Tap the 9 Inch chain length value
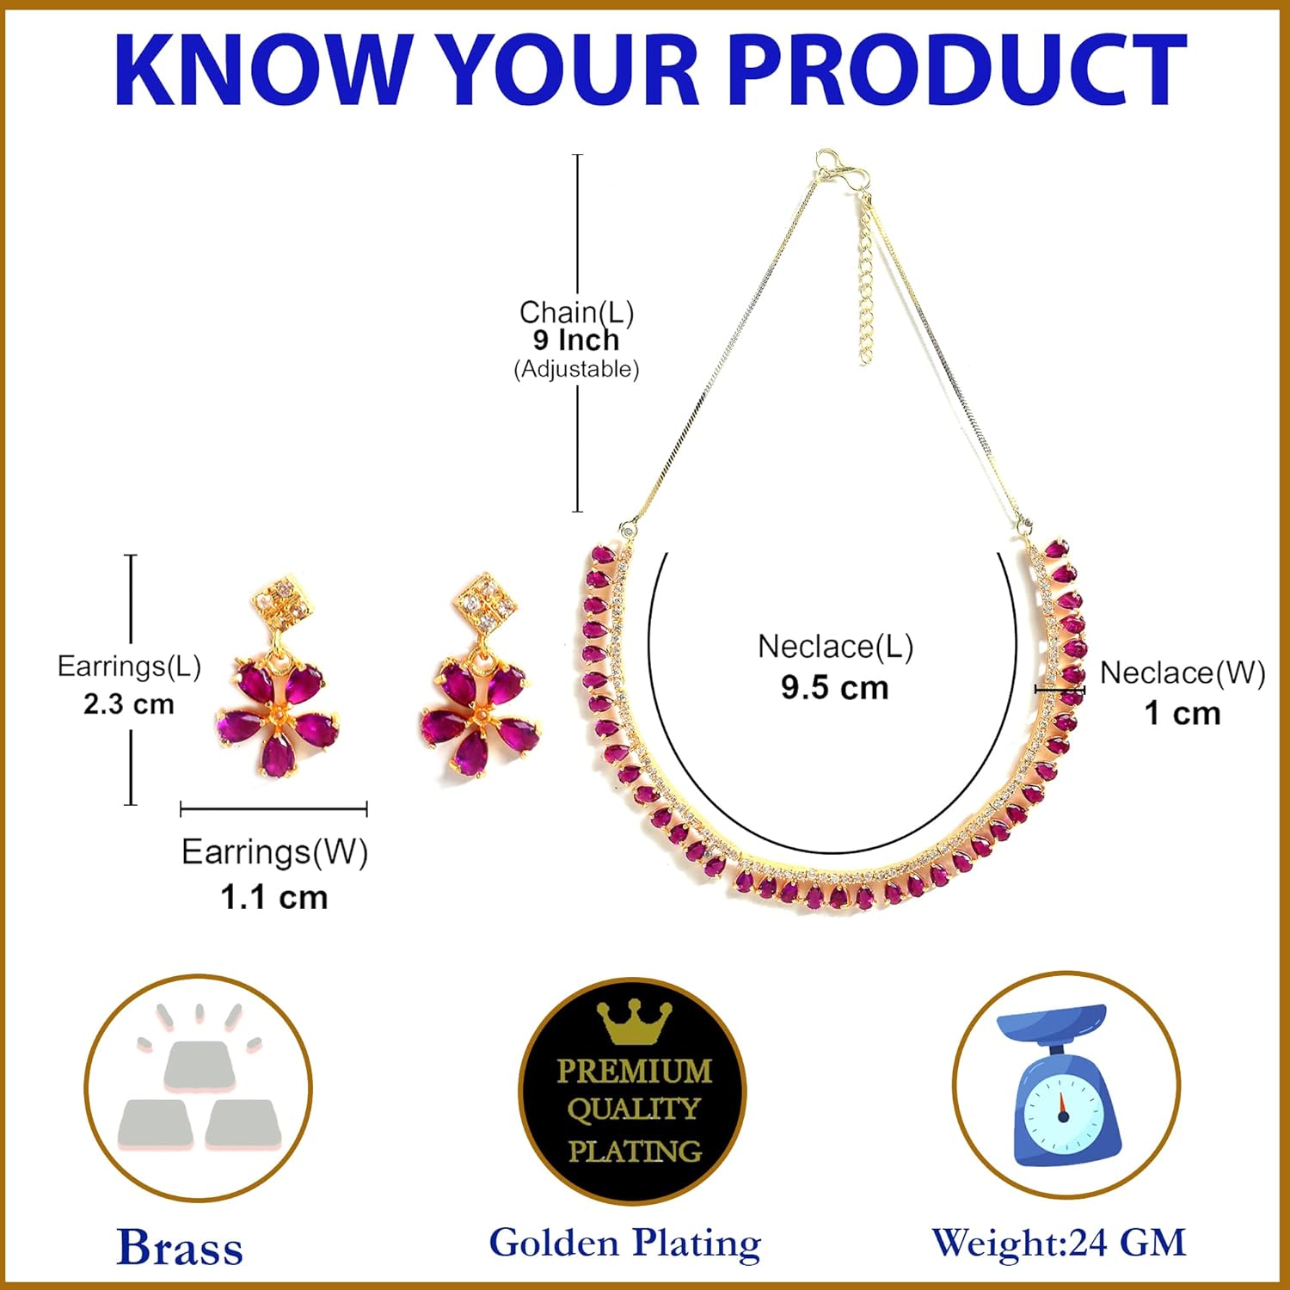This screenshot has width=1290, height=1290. point(575,341)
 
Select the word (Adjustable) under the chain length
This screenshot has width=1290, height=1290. point(576,370)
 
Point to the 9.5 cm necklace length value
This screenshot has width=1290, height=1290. point(834,688)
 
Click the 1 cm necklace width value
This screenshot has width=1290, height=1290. point(1182,713)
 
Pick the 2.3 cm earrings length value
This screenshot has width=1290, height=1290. point(129,704)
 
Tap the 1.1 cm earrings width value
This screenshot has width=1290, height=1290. point(274,897)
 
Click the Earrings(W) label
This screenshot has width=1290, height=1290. point(274,852)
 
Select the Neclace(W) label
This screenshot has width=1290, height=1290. point(1182,673)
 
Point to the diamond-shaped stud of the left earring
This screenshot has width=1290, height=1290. point(280,603)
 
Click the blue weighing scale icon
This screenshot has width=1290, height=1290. point(1065,1085)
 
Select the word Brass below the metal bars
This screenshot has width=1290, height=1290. point(180,1247)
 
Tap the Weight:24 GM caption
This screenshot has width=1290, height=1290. point(1059,1243)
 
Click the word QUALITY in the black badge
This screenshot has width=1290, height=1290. point(634,1109)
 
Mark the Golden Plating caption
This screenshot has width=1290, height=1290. point(625,1244)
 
